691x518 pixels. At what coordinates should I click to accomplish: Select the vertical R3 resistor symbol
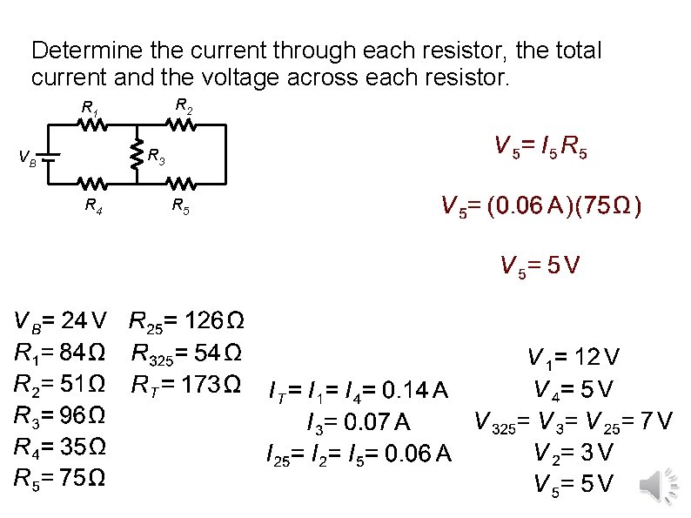(x=136, y=156)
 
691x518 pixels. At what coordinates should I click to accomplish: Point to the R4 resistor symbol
(x=92, y=184)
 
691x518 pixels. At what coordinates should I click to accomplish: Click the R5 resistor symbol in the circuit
(x=181, y=184)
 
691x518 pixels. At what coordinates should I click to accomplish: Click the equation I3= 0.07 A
(x=358, y=423)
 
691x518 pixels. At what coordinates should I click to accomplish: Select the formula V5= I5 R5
(x=540, y=146)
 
